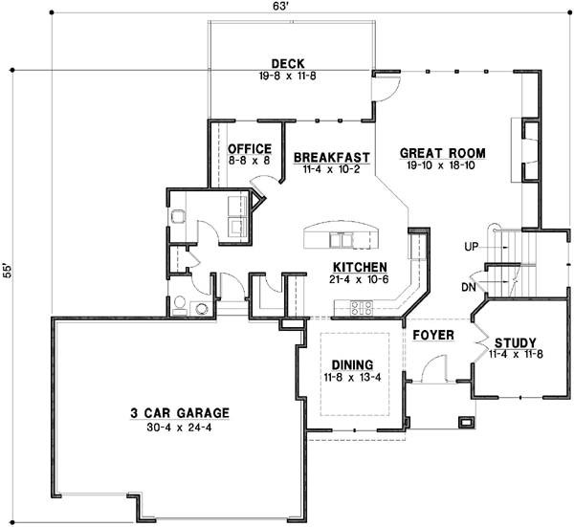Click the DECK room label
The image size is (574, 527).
(288, 63)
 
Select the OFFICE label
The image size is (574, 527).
(250, 148)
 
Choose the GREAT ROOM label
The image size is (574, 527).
(442, 152)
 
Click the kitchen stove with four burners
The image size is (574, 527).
(363, 308)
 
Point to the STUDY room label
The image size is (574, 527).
(515, 342)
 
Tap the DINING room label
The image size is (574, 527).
(352, 363)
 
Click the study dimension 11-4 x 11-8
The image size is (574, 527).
(515, 354)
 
